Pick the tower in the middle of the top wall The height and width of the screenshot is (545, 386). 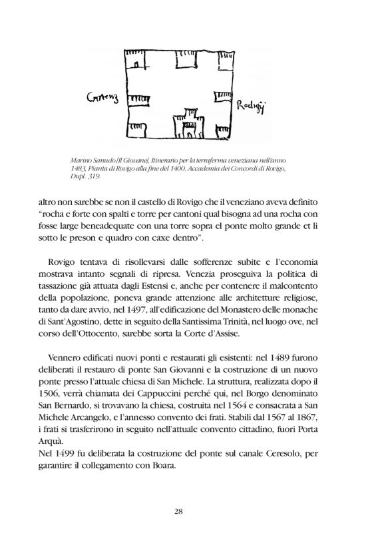184,62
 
